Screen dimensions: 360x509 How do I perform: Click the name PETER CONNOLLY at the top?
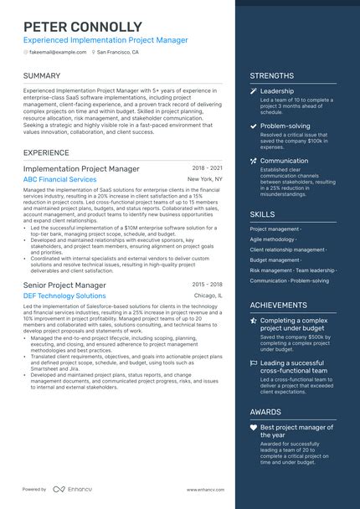[83, 27]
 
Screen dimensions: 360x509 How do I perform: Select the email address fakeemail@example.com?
[58, 52]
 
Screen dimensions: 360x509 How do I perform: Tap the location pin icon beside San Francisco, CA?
[93, 52]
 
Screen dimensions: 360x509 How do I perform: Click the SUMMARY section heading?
[42, 76]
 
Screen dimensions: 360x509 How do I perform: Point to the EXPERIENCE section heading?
[46, 153]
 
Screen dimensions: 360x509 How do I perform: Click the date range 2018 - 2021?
[207, 168]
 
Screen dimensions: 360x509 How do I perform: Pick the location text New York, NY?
[205, 180]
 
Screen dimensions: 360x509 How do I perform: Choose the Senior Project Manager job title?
[64, 285]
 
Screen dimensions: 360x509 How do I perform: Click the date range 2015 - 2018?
[207, 285]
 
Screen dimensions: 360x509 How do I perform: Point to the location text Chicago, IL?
[208, 296]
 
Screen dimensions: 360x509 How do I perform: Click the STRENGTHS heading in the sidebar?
[271, 76]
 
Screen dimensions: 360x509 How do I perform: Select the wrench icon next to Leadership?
[253, 91]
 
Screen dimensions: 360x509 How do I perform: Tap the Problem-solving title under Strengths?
[285, 126]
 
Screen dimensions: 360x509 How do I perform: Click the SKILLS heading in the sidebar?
[262, 214]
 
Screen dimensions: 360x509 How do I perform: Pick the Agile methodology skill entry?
[272, 239]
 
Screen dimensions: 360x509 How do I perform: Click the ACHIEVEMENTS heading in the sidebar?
[278, 305]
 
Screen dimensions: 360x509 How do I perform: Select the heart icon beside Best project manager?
[253, 428]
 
